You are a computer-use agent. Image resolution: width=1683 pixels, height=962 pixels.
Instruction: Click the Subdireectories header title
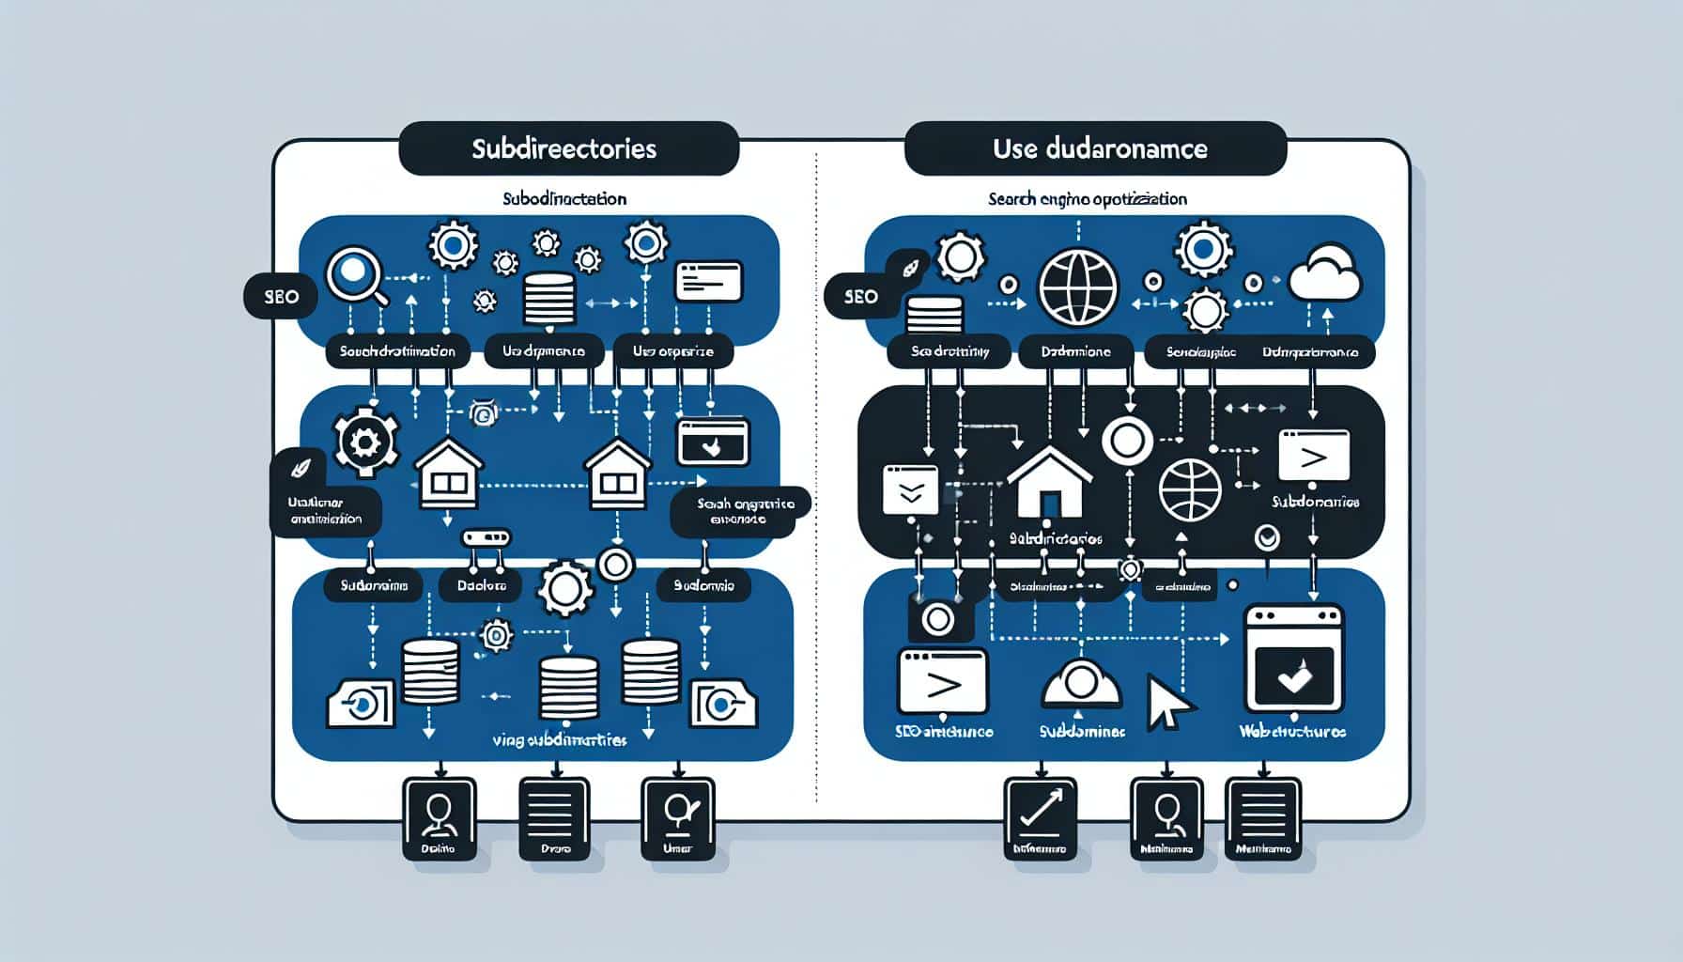(564, 148)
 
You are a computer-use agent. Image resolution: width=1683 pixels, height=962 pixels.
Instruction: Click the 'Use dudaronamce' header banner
(1095, 148)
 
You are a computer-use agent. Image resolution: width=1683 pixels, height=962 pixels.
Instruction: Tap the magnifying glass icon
(355, 274)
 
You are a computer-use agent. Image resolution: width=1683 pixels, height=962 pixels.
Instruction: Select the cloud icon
(1325, 272)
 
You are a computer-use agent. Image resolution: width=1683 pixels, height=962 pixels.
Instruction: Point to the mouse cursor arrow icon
(1167, 703)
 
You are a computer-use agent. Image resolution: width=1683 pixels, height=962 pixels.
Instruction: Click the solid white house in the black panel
(1049, 482)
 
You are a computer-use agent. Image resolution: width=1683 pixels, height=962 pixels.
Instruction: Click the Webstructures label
(1291, 731)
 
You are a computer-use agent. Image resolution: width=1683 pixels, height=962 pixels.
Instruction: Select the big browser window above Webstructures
(1293, 658)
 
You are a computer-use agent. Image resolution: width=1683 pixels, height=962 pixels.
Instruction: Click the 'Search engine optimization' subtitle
(1087, 199)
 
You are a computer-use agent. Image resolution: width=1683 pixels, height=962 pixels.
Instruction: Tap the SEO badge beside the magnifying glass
(280, 297)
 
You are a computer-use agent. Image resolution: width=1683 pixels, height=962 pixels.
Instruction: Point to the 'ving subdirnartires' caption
(559, 740)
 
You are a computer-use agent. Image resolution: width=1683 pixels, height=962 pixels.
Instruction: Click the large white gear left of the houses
(364, 440)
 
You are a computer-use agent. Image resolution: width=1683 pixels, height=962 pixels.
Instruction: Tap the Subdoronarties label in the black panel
(1315, 503)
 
